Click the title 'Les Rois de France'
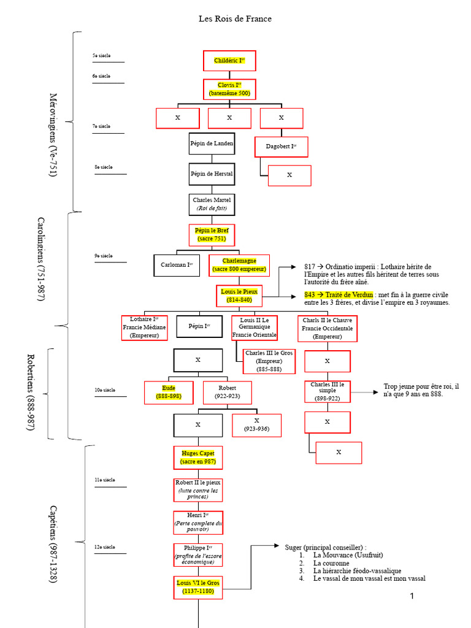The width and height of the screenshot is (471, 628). pos(235,19)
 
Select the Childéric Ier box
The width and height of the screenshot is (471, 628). pos(229,61)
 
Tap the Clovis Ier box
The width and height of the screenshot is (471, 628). pos(229,89)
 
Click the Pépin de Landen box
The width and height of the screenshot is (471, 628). pos(212,143)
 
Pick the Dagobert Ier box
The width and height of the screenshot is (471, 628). pos(281,147)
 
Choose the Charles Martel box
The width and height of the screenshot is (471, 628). pos(212,204)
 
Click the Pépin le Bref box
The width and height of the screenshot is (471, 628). pos(212,235)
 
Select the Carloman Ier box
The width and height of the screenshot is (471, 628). pos(176,265)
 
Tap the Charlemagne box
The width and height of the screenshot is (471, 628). pos(239,265)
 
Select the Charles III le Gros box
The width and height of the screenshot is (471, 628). pos(269,361)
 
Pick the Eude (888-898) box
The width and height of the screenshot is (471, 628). pos(169,392)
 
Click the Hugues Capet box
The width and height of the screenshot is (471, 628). pos(197,458)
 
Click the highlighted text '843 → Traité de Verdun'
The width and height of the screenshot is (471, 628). pos(339,295)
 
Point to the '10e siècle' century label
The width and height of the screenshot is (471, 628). pos(105,390)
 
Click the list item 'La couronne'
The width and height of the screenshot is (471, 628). pos(331,563)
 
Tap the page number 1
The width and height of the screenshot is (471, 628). pos(412,596)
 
